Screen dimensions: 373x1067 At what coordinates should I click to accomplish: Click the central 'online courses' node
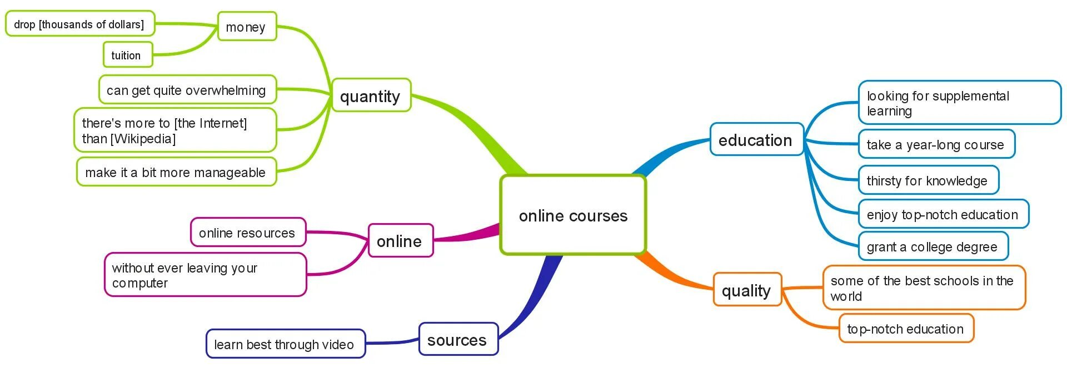tap(573, 215)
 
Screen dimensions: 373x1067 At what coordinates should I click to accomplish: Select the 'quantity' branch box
tap(371, 95)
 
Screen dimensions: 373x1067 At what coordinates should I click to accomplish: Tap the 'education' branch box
tap(756, 139)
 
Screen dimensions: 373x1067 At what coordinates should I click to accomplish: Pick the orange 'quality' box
tap(747, 290)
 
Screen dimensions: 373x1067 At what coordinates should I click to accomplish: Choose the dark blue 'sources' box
tap(458, 339)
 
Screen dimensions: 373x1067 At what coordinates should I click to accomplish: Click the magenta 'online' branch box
tap(400, 241)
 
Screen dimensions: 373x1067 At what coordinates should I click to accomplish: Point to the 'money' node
tap(247, 27)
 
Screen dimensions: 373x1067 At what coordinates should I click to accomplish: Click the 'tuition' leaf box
tap(127, 55)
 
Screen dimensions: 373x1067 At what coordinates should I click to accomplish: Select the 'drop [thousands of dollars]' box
tap(79, 24)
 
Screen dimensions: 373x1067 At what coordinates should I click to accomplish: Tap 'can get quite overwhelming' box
tap(187, 90)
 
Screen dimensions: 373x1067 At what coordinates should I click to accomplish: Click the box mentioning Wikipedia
tap(175, 130)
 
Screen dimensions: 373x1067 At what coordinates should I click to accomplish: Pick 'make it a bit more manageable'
tap(176, 172)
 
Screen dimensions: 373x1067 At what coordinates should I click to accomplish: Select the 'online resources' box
tap(248, 233)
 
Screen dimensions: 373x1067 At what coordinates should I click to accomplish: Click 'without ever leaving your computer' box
tap(205, 275)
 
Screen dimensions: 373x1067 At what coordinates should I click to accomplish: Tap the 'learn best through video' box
tap(285, 344)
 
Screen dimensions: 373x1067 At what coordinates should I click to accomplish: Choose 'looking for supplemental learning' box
tap(959, 103)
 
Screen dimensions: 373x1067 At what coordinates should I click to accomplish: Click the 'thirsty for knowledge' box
tap(928, 180)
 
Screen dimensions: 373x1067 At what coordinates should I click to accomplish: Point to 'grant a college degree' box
tap(933, 246)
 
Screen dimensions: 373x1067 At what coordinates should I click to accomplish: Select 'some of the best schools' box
tap(924, 288)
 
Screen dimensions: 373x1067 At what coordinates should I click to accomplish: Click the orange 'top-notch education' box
tap(906, 329)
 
